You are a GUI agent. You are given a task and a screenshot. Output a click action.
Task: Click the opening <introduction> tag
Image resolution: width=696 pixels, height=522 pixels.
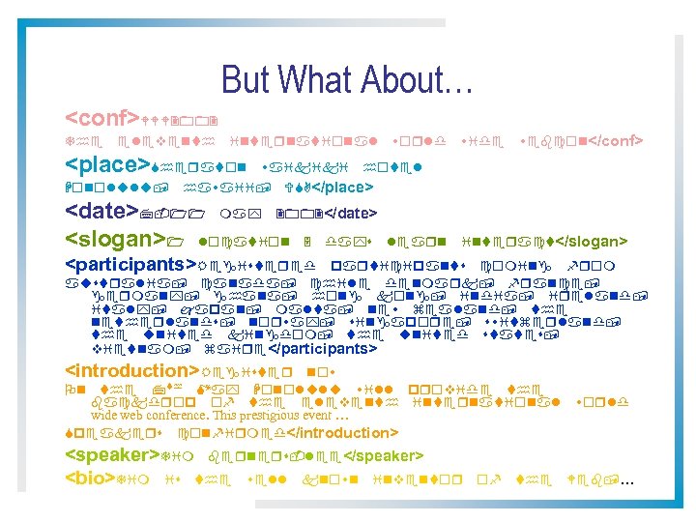point(133,371)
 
